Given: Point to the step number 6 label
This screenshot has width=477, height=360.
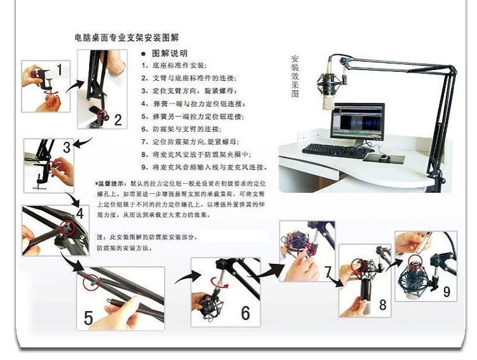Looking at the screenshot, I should click(245, 313).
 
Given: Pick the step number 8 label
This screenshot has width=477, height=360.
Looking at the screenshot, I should click(382, 305).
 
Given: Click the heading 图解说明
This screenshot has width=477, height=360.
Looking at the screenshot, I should click(169, 53).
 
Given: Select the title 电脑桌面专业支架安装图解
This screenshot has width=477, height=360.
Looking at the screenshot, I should click(127, 38).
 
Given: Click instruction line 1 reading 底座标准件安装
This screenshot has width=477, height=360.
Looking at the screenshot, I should click(176, 66).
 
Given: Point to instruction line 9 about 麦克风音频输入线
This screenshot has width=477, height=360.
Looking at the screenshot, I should click(204, 167).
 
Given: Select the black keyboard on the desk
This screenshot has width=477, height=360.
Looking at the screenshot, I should click(335, 151).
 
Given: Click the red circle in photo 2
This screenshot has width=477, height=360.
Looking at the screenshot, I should click(101, 116).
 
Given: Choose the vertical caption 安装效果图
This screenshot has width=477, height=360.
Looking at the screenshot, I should click(294, 76).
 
